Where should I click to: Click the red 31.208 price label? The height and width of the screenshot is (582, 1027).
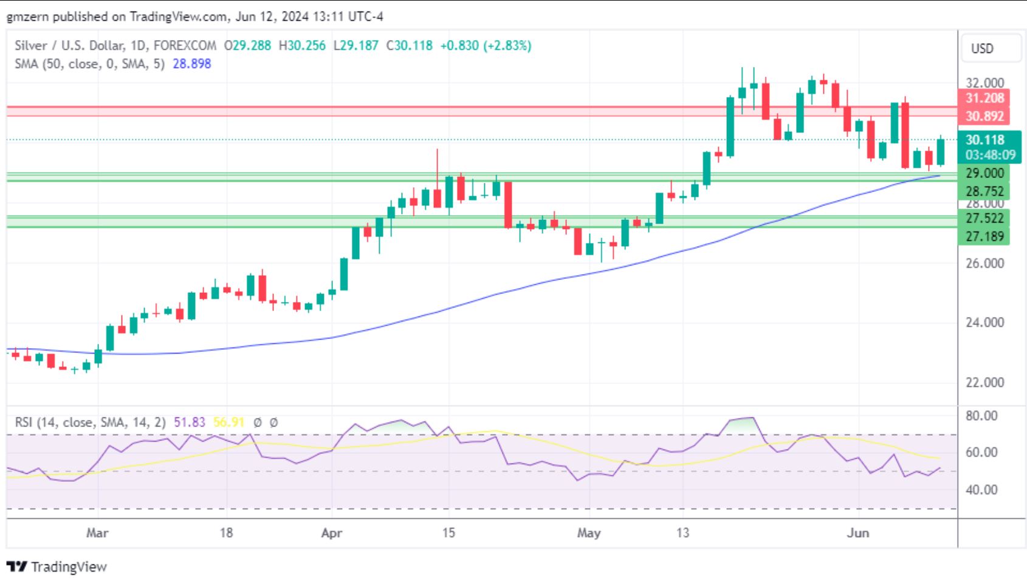click(x=984, y=98)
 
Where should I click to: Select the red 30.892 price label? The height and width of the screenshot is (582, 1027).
click(x=984, y=115)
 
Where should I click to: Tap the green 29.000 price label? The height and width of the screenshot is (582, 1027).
click(x=984, y=173)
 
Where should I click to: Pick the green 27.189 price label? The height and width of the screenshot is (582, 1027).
click(x=984, y=236)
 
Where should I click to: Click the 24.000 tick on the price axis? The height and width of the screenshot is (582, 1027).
click(x=984, y=322)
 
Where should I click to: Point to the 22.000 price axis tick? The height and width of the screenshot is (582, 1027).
click(x=984, y=382)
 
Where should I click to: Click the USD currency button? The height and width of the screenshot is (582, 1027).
click(x=982, y=49)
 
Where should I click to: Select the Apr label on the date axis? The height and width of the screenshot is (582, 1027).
click(x=331, y=533)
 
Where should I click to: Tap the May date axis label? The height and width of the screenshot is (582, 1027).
click(x=588, y=533)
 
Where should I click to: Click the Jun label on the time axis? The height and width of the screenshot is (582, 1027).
click(x=857, y=533)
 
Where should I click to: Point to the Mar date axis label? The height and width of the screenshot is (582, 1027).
click(x=97, y=533)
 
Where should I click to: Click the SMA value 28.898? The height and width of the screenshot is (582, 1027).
click(x=191, y=64)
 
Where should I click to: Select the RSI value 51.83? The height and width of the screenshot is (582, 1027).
click(x=190, y=422)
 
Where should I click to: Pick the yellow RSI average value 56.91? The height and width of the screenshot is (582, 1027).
click(x=228, y=422)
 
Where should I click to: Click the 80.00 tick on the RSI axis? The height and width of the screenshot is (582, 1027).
click(x=981, y=416)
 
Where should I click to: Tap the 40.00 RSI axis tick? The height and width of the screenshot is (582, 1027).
click(x=981, y=490)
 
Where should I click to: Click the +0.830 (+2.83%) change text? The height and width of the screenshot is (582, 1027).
click(x=485, y=46)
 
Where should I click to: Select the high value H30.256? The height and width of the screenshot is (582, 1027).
click(x=302, y=46)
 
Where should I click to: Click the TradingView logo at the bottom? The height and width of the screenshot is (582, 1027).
click(x=60, y=567)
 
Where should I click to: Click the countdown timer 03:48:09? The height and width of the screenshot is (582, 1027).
click(x=990, y=155)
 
